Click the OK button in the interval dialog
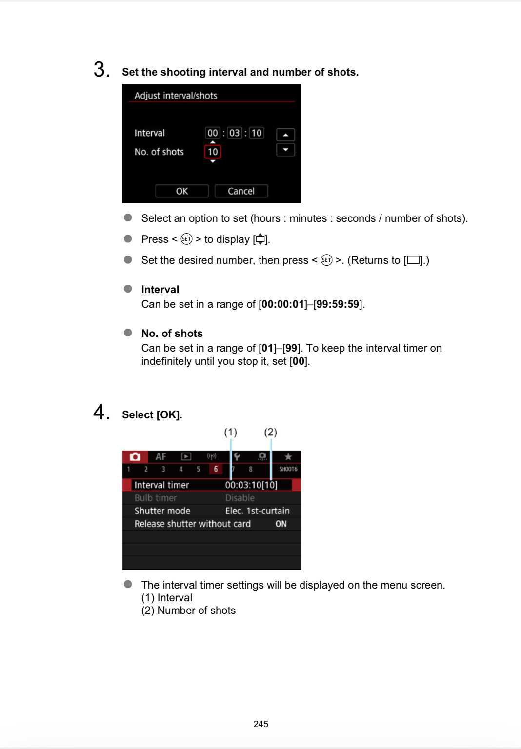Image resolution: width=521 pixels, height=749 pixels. pos(182,191)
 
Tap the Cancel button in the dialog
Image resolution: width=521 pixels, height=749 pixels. pos(241,191)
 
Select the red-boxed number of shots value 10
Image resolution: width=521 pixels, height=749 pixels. pos(213,152)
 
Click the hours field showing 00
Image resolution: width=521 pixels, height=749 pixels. pos(213,133)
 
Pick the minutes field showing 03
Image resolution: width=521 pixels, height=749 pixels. pos(235,133)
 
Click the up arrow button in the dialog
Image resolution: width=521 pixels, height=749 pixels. pos(285,135)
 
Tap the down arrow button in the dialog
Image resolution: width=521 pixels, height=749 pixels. pos(285,150)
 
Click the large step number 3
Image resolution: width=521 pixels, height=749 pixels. pos(101,70)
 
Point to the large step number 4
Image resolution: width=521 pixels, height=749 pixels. pos(101,413)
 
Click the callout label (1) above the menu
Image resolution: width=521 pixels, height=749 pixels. pos(231,432)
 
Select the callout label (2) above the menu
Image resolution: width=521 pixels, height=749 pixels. pos(271,432)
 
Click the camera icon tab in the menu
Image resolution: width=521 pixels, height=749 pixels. pos(135,457)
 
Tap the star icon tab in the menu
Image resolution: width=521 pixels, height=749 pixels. pos(288,457)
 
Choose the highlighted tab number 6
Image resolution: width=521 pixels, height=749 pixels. pos(216,469)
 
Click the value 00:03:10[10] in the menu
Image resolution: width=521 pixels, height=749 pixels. pos(251,485)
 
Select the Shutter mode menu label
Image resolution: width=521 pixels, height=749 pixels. pos(162,511)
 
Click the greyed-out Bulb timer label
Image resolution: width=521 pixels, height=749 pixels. pos(156,498)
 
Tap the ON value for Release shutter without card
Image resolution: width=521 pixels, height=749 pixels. pos(281,524)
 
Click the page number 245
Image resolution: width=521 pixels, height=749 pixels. pos(261,724)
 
